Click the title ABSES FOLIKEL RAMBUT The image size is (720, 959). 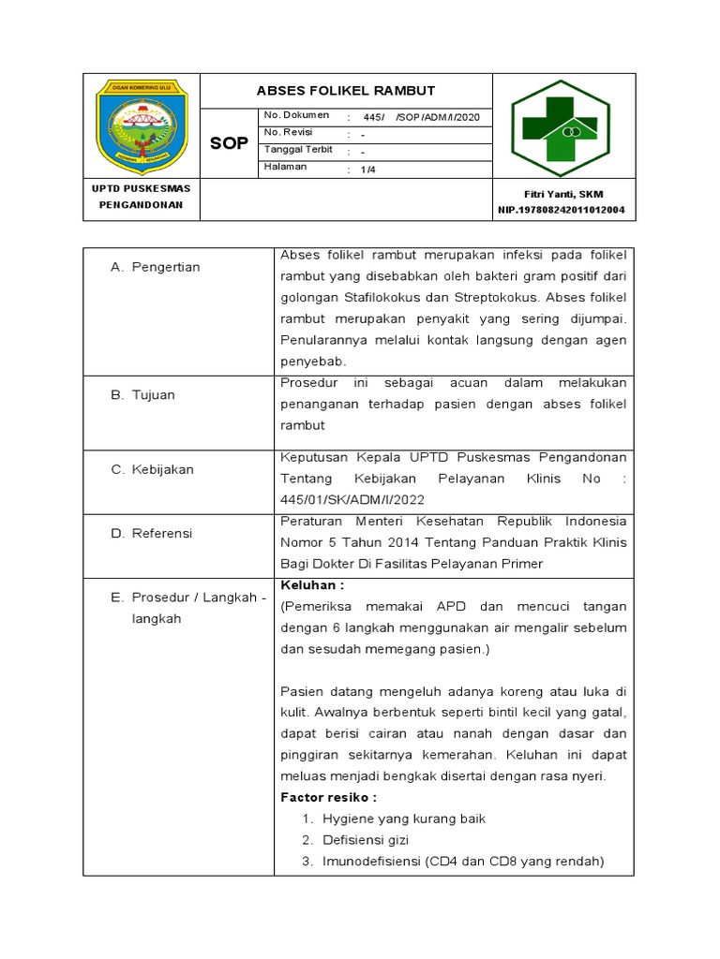(346, 91)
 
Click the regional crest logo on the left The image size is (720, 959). (142, 126)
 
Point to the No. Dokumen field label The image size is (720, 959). (296, 115)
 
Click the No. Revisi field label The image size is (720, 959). (289, 132)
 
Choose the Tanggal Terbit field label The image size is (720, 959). (298, 150)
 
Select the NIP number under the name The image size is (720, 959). (562, 211)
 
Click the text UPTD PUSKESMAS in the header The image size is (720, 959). (141, 188)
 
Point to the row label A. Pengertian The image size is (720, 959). (155, 267)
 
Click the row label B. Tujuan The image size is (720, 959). (142, 395)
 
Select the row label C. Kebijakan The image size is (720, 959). (152, 469)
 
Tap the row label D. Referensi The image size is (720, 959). (151, 533)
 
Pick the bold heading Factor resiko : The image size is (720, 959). (328, 797)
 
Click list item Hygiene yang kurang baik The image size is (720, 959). (404, 819)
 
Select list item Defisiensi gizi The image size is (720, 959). (366, 840)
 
